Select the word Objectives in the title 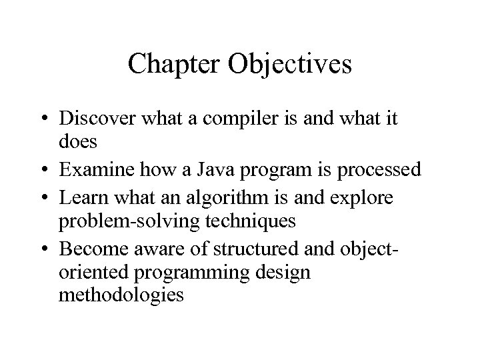[x=290, y=64]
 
